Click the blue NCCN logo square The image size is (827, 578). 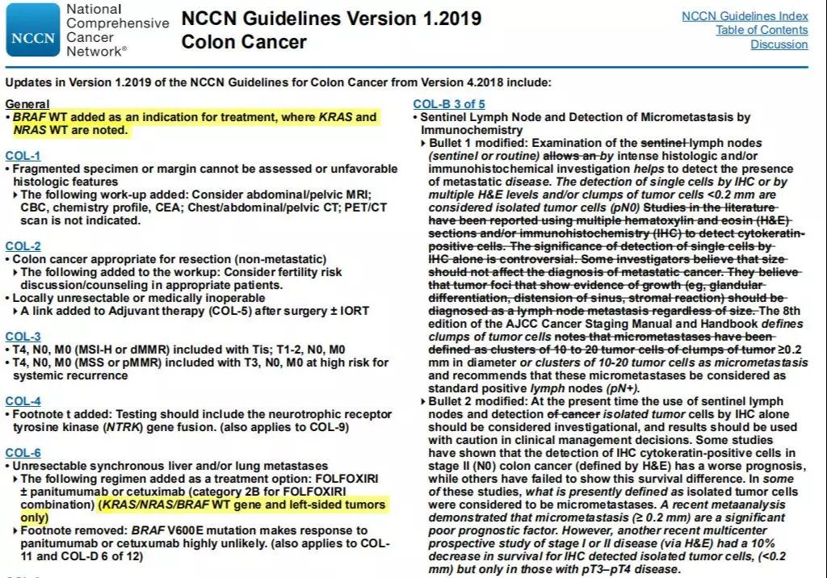coord(32,30)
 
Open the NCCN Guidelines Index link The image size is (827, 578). coord(745,16)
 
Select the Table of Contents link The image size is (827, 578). coord(762,30)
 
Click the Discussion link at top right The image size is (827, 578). coord(779,44)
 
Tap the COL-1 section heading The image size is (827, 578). coord(23,156)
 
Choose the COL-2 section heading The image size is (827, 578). coord(23,246)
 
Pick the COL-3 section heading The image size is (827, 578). coord(23,337)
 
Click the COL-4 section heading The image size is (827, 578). coord(23,401)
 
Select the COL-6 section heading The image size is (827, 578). coord(23,453)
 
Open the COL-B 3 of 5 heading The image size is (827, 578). coord(449,104)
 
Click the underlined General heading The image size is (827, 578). coord(27,104)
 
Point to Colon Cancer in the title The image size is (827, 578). coord(244,42)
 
